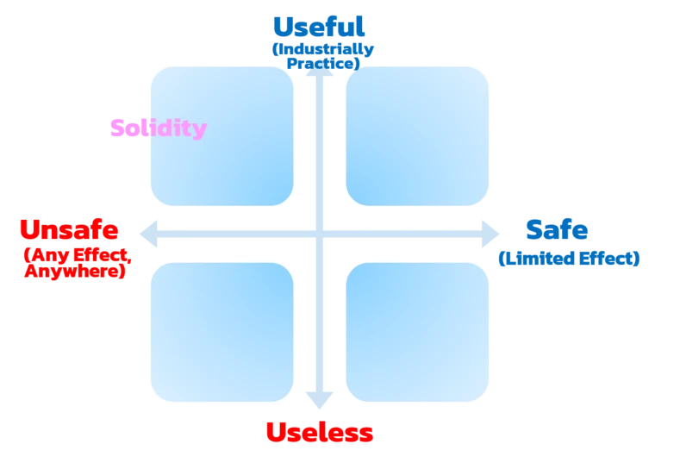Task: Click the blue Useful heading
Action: [x=317, y=27]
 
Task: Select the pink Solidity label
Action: [x=159, y=128]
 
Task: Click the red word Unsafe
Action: [x=69, y=231]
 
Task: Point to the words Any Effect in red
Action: [x=76, y=254]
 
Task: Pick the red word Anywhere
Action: [x=75, y=271]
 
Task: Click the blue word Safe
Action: [x=557, y=230]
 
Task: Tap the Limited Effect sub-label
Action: [x=569, y=258]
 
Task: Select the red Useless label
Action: [x=318, y=432]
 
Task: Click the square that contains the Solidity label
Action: [x=222, y=136]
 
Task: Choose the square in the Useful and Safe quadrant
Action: [x=417, y=136]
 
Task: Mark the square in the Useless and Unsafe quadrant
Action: [x=222, y=332]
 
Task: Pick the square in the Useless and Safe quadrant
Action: [x=417, y=332]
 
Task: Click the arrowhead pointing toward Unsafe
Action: [x=147, y=233]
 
